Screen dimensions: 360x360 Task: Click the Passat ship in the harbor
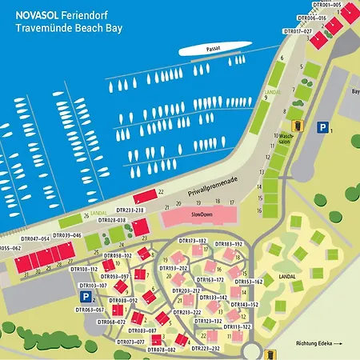coord(212,50)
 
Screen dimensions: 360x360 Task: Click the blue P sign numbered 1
coord(322,127)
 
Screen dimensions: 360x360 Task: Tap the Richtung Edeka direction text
coord(319,344)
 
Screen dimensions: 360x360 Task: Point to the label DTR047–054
coord(35,238)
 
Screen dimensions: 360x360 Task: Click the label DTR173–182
coord(192,241)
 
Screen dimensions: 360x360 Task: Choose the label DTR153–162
coord(247,282)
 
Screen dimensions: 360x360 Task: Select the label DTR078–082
coord(161,350)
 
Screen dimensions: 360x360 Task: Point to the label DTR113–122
coord(237,327)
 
